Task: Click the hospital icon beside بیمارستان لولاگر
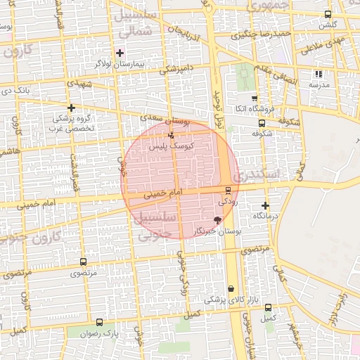pyautogui.click(x=120, y=53)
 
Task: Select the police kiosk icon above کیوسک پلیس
pyautogui.click(x=171, y=135)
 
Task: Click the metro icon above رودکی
pyautogui.click(x=227, y=191)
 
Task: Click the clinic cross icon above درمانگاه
pyautogui.click(x=265, y=206)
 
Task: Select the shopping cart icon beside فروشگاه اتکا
pyautogui.click(x=254, y=98)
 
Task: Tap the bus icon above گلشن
pyautogui.click(x=328, y=14)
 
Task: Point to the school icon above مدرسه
pyautogui.click(x=319, y=73)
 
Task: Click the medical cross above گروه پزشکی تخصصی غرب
pyautogui.click(x=70, y=108)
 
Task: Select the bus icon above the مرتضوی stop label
pyautogui.click(x=84, y=262)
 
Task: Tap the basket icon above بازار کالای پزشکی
pyautogui.click(x=231, y=289)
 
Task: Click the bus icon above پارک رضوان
pyautogui.click(x=98, y=323)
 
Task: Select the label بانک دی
pyautogui.click(x=15, y=90)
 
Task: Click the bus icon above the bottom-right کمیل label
pyautogui.click(x=268, y=307)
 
